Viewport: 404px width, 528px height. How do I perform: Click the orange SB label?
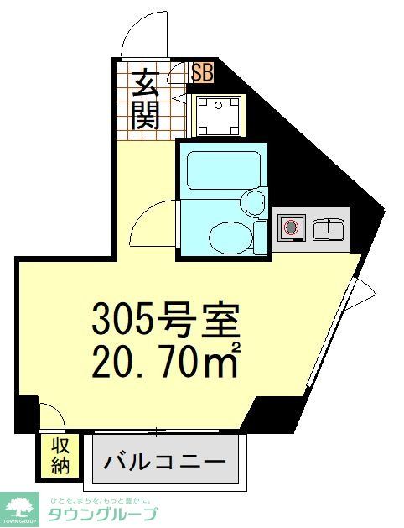coord(202,72)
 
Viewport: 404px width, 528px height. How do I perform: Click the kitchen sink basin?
coord(329,228)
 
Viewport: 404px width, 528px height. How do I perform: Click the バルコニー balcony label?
coord(166,462)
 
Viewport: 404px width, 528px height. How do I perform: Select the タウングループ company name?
coord(102,515)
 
